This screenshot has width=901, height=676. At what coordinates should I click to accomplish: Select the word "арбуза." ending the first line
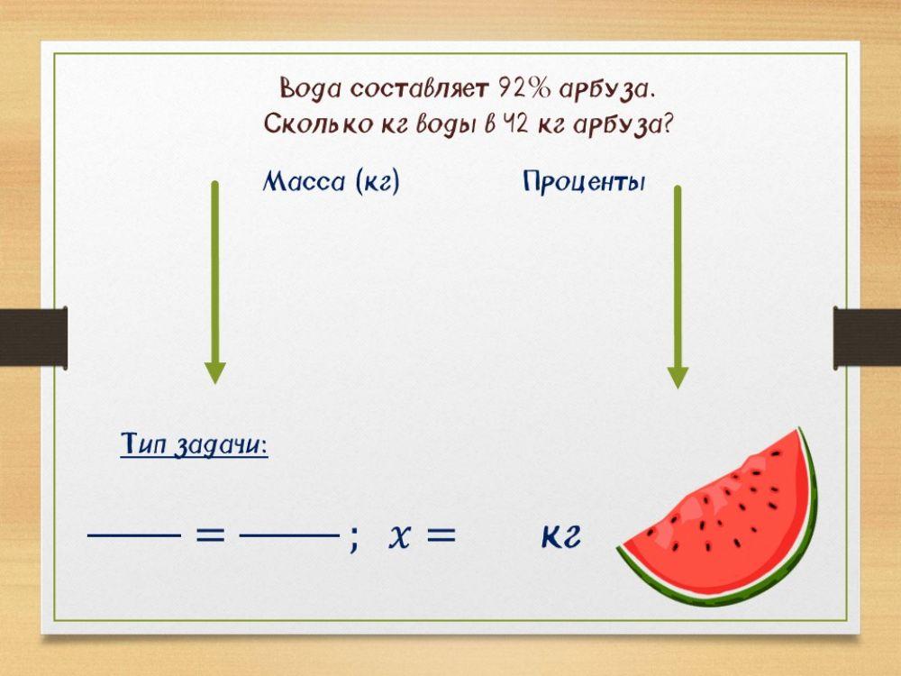[606, 89]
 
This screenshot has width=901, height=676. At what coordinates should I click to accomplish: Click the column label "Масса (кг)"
[331, 182]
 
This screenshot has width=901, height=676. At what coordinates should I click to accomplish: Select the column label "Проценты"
[584, 182]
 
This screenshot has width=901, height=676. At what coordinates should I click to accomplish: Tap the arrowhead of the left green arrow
[214, 371]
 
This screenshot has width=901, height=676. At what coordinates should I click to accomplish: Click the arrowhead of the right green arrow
[678, 376]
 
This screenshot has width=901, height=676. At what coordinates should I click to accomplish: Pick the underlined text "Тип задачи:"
[194, 445]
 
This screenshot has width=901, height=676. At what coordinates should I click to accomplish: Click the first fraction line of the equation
[133, 535]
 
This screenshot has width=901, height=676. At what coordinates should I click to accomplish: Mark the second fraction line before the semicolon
[287, 535]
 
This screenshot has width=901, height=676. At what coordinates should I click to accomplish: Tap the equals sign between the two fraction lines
[210, 534]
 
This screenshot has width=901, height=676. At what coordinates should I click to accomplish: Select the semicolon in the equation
[354, 539]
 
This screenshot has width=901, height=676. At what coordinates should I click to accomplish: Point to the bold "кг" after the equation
[560, 537]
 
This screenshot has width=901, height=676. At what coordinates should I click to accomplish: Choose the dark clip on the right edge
[867, 337]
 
